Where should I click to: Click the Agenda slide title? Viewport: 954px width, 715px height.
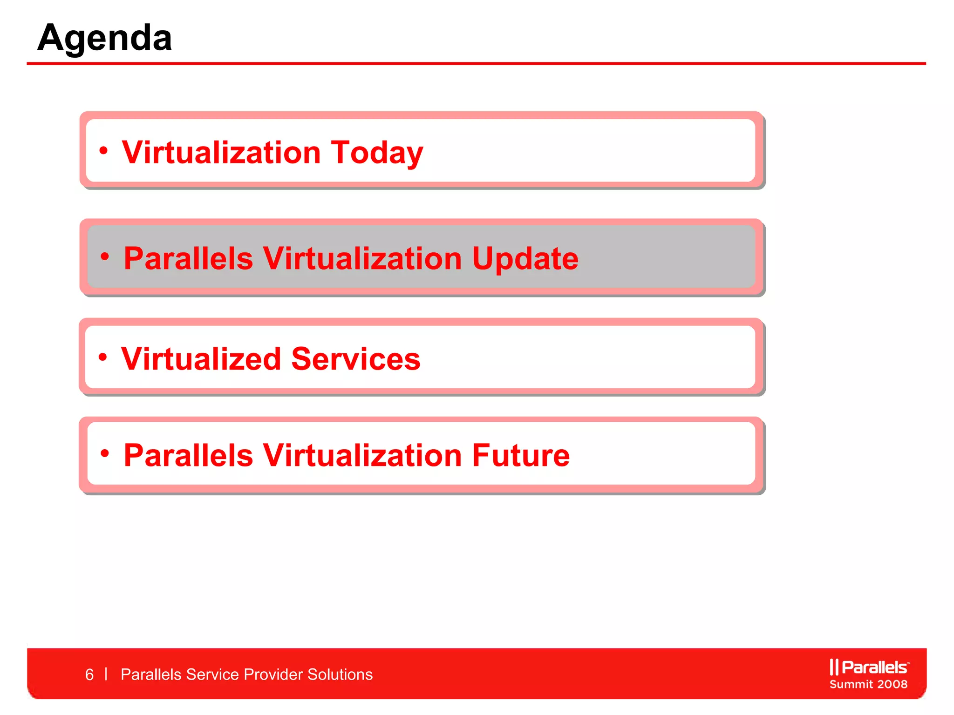[105, 38]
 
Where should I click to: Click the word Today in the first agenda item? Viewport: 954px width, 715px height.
[377, 153]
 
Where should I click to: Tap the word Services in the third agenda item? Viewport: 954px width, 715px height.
[356, 359]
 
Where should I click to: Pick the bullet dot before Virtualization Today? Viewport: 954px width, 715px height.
[103, 150]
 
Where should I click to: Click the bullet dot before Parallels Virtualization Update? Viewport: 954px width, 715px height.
[105, 256]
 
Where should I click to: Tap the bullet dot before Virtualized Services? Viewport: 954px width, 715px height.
[103, 357]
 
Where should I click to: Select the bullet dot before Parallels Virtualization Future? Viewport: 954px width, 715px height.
[105, 453]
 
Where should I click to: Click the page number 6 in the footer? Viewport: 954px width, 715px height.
[89, 675]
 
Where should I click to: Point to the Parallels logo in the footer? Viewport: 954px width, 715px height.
[869, 667]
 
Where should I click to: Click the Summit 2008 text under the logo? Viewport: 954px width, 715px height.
[869, 684]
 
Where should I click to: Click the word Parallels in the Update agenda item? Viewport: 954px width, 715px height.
[188, 258]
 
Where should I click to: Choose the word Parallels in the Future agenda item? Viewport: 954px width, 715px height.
[188, 455]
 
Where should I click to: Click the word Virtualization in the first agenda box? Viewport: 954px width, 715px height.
[221, 153]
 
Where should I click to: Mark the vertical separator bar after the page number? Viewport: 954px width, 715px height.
[107, 674]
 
